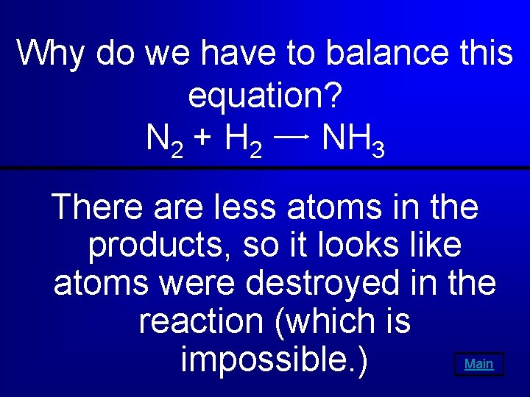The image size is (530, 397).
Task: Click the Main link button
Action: tap(479, 364)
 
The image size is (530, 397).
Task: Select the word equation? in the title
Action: tap(266, 96)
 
